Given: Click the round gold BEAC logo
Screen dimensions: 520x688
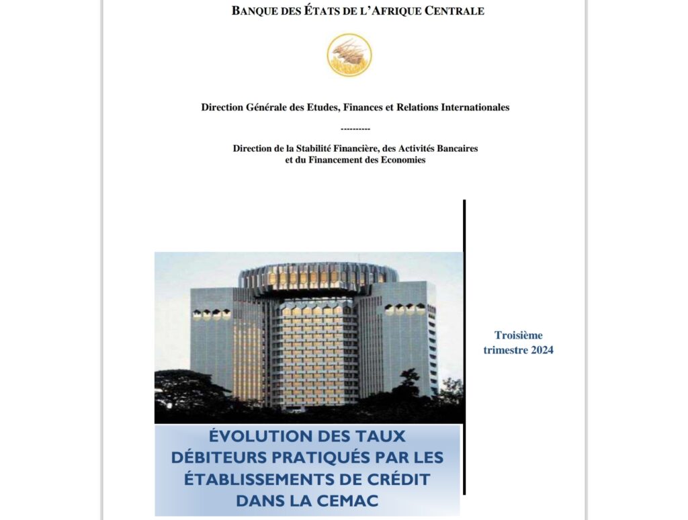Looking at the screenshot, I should [349, 54].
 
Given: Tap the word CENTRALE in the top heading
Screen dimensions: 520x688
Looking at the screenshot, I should [457, 11].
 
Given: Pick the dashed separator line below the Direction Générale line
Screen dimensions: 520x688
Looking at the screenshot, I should [355, 128].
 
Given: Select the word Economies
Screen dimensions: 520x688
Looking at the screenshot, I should [402, 161].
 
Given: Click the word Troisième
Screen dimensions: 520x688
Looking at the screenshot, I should [518, 335].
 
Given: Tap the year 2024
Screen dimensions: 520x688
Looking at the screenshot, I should [540, 350].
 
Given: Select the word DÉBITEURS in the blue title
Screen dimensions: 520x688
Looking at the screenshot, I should [217, 458].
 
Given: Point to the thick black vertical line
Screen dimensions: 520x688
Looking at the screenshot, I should [464, 336].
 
